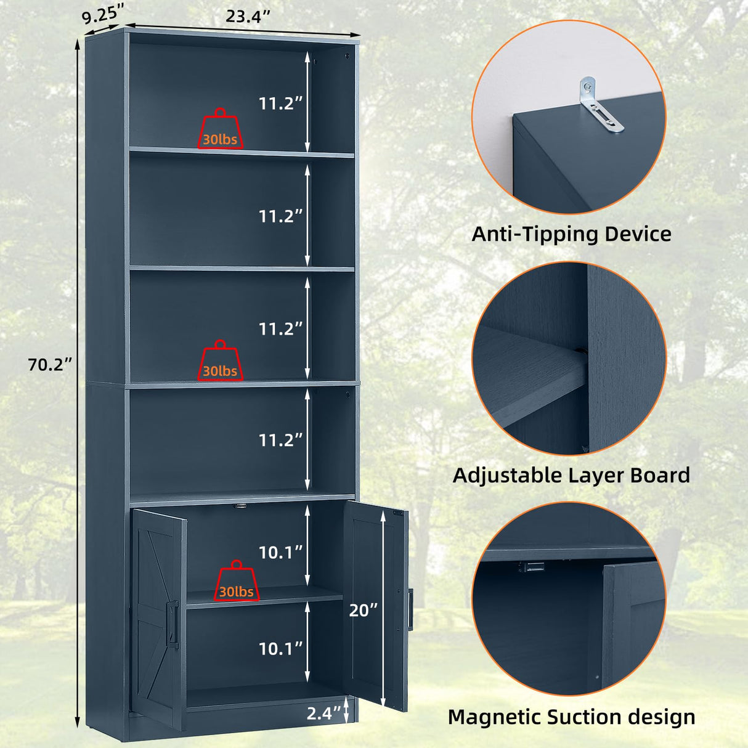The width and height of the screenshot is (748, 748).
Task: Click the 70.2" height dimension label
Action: pos(50,365)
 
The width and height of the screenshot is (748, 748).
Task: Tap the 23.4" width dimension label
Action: pos(248,17)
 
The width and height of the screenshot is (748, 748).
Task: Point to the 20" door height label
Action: pos(363,610)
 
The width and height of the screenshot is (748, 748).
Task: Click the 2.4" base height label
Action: pos(323,713)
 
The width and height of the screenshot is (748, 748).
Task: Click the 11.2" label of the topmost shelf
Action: pos(280,104)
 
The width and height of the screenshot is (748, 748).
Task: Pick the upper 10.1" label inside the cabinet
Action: pos(280,553)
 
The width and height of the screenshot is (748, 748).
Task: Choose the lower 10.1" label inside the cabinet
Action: pos(280,648)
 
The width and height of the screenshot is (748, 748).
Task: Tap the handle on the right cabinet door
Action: pos(410,609)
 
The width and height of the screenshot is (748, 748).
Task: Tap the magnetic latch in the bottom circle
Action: pos(531,566)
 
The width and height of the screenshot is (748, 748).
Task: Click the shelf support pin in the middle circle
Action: pos(581,351)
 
